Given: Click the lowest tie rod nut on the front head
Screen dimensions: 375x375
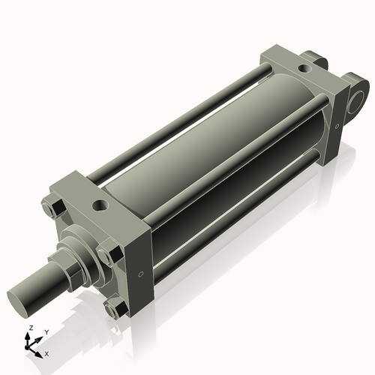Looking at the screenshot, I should point(115,307).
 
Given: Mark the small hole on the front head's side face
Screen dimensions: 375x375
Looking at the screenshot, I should point(140,274).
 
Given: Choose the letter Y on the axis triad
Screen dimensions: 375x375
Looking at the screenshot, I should point(46,331).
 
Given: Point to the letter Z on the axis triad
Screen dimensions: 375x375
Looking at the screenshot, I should point(29,328).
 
